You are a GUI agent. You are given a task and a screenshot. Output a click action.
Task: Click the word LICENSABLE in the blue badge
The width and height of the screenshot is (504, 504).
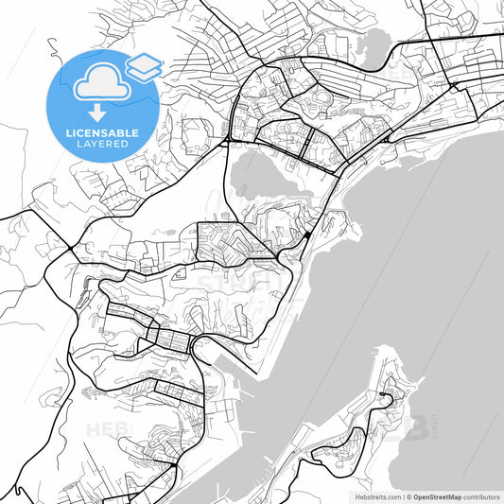click(103, 133)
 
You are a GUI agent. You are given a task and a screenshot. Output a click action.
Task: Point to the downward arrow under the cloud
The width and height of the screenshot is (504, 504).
click(99, 112)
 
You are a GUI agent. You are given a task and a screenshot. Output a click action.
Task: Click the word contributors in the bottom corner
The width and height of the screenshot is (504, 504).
click(480, 496)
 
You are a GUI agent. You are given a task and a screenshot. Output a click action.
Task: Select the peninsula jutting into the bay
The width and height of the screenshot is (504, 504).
click(378, 416)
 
